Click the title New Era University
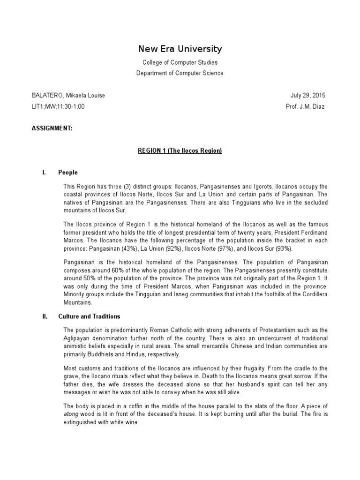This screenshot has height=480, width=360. click(x=180, y=49)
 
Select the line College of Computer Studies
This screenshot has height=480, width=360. click(x=180, y=62)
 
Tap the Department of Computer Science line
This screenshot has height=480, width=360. click(x=180, y=73)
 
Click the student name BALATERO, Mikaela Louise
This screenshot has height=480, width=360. click(x=68, y=96)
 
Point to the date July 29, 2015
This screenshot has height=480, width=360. click(x=307, y=96)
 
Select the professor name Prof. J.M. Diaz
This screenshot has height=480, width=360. click(x=305, y=106)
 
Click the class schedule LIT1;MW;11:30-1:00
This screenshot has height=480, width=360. click(x=58, y=106)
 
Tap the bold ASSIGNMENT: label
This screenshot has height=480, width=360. click(x=52, y=128)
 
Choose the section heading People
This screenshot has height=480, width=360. click(x=68, y=172)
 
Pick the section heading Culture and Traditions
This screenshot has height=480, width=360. click(x=89, y=316)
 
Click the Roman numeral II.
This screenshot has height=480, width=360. click(x=45, y=316)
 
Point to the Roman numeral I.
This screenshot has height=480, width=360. click(x=44, y=172)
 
